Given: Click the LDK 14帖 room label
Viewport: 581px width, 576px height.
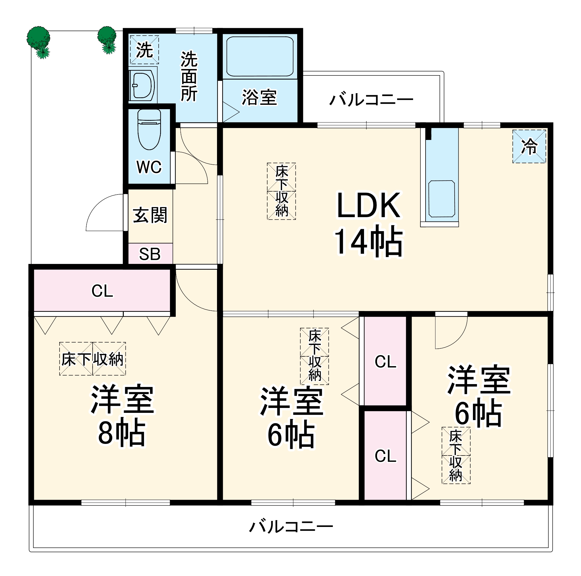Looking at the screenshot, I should point(368,224).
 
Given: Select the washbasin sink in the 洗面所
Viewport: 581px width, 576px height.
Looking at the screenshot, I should point(143,86).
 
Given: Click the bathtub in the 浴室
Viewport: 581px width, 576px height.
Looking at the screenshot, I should point(260,57).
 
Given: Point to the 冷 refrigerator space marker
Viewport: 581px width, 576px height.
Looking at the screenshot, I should point(529,146).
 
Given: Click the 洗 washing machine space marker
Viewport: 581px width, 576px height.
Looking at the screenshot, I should point(144,50).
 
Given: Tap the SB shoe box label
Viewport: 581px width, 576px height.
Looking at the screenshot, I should point(150,254).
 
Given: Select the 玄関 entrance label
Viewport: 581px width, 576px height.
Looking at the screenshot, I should point(150,215).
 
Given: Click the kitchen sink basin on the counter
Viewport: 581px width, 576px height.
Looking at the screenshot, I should point(442,199).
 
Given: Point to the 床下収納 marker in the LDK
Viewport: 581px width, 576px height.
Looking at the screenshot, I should point(281,191).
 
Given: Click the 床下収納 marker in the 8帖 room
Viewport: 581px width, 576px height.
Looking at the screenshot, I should point(92,359).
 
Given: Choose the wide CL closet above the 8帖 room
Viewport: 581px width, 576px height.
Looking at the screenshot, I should point(102,291).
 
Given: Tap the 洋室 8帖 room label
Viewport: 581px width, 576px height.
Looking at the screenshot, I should point(122,415).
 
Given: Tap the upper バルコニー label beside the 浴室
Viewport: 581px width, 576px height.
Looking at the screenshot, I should point(371,100).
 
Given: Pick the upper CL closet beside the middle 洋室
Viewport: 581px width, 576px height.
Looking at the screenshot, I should point(385,361).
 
